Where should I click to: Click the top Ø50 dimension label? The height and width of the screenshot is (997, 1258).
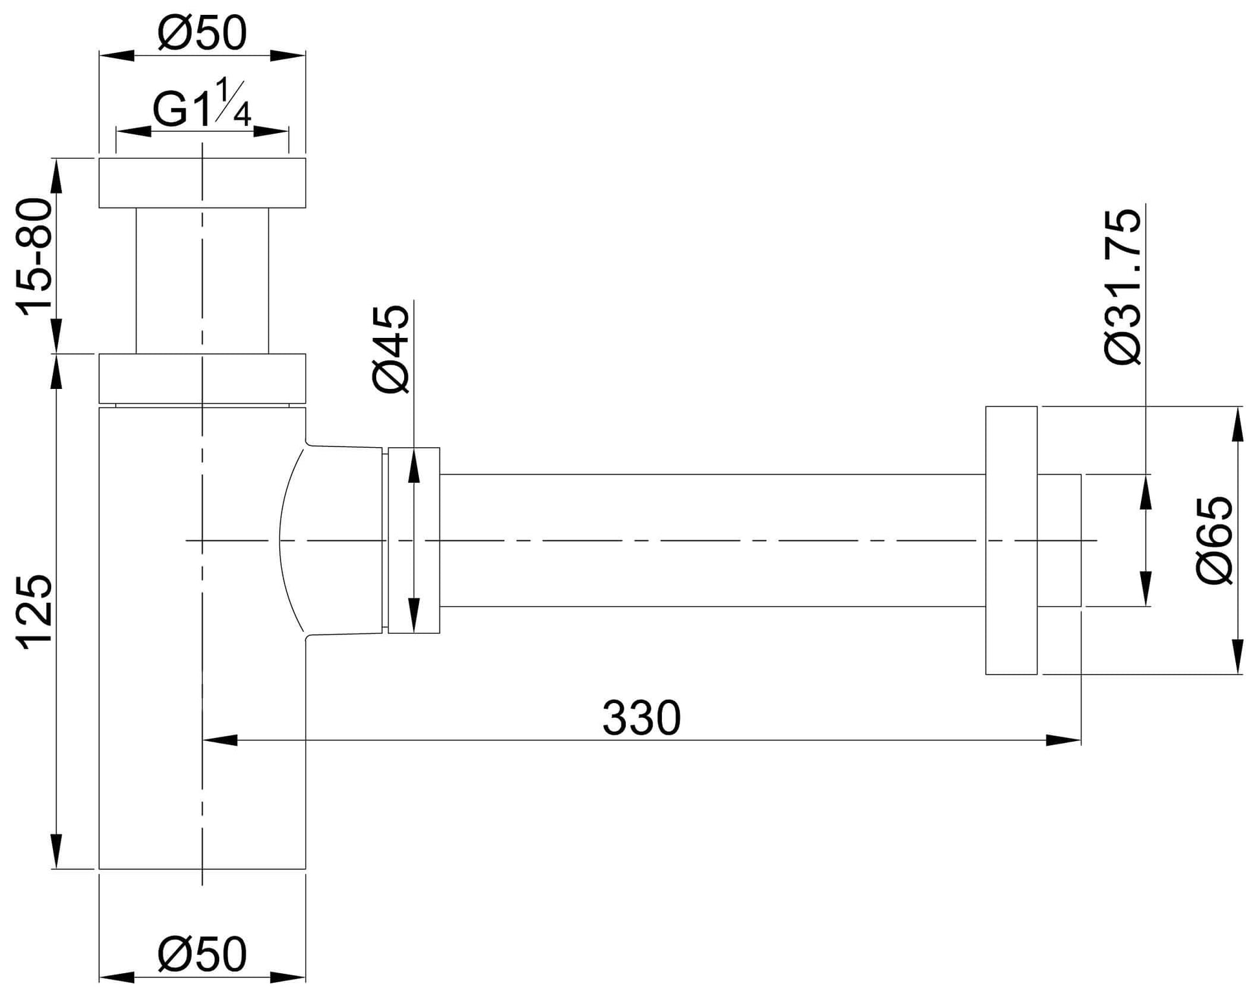pyautogui.click(x=202, y=34)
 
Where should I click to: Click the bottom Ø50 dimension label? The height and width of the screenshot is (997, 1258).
pyautogui.click(x=202, y=954)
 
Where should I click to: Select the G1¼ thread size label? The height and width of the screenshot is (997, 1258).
pyautogui.click(x=202, y=107)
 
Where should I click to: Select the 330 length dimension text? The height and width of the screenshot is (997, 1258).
pyautogui.click(x=641, y=718)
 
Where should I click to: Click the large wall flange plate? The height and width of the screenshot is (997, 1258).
pyautogui.click(x=1011, y=541)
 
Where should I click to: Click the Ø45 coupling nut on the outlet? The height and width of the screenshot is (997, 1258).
pyautogui.click(x=414, y=541)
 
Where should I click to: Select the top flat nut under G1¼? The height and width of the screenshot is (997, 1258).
pyautogui.click(x=202, y=183)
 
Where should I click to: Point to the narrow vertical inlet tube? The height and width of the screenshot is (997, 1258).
pyautogui.click(x=202, y=281)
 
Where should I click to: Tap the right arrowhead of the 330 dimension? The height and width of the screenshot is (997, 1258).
pyautogui.click(x=1064, y=740)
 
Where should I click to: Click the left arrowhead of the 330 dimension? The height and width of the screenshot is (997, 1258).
pyautogui.click(x=220, y=740)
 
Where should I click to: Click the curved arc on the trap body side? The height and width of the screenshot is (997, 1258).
pyautogui.click(x=284, y=541)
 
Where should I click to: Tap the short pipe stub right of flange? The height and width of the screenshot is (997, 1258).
pyautogui.click(x=1059, y=541)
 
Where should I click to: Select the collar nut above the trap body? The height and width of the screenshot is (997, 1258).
pyautogui.click(x=202, y=379)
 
